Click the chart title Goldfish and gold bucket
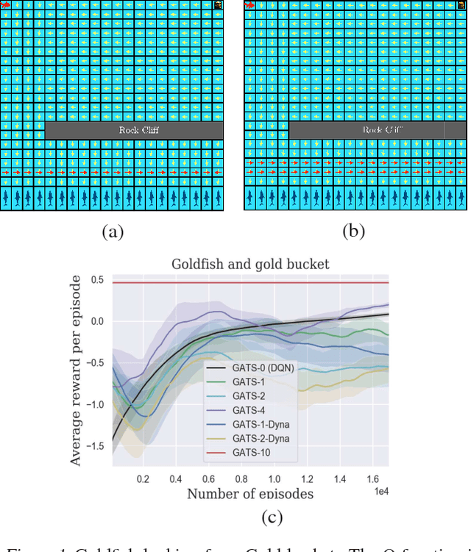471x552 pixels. pos(250,264)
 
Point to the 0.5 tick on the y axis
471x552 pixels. pos(96,280)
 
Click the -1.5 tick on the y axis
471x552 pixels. pos(94,446)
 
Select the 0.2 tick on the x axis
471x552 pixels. pos(143,479)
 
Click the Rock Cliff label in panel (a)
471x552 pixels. pos(138,130)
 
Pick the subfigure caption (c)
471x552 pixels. pos(272,517)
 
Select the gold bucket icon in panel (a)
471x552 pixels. pos(218,5)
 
